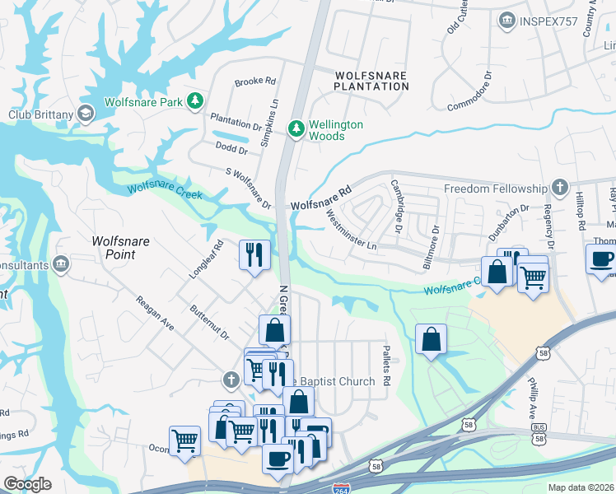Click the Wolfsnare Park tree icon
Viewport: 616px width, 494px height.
point(195,101)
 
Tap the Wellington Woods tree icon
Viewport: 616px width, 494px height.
point(296,128)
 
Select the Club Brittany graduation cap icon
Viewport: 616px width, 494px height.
point(85,114)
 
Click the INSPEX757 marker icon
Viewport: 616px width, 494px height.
point(507,18)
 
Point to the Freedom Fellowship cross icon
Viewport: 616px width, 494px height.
point(560,188)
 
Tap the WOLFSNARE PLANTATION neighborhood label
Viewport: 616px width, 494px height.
point(371,80)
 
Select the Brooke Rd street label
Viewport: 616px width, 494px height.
point(254,82)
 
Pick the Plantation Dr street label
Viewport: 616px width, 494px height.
point(236,121)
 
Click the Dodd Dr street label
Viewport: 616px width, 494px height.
point(231,149)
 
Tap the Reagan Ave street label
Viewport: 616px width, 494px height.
point(155,313)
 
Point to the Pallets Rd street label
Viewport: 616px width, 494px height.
point(385,361)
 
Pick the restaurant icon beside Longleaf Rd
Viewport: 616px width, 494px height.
point(254,254)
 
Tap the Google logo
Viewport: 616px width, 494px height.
point(27,484)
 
